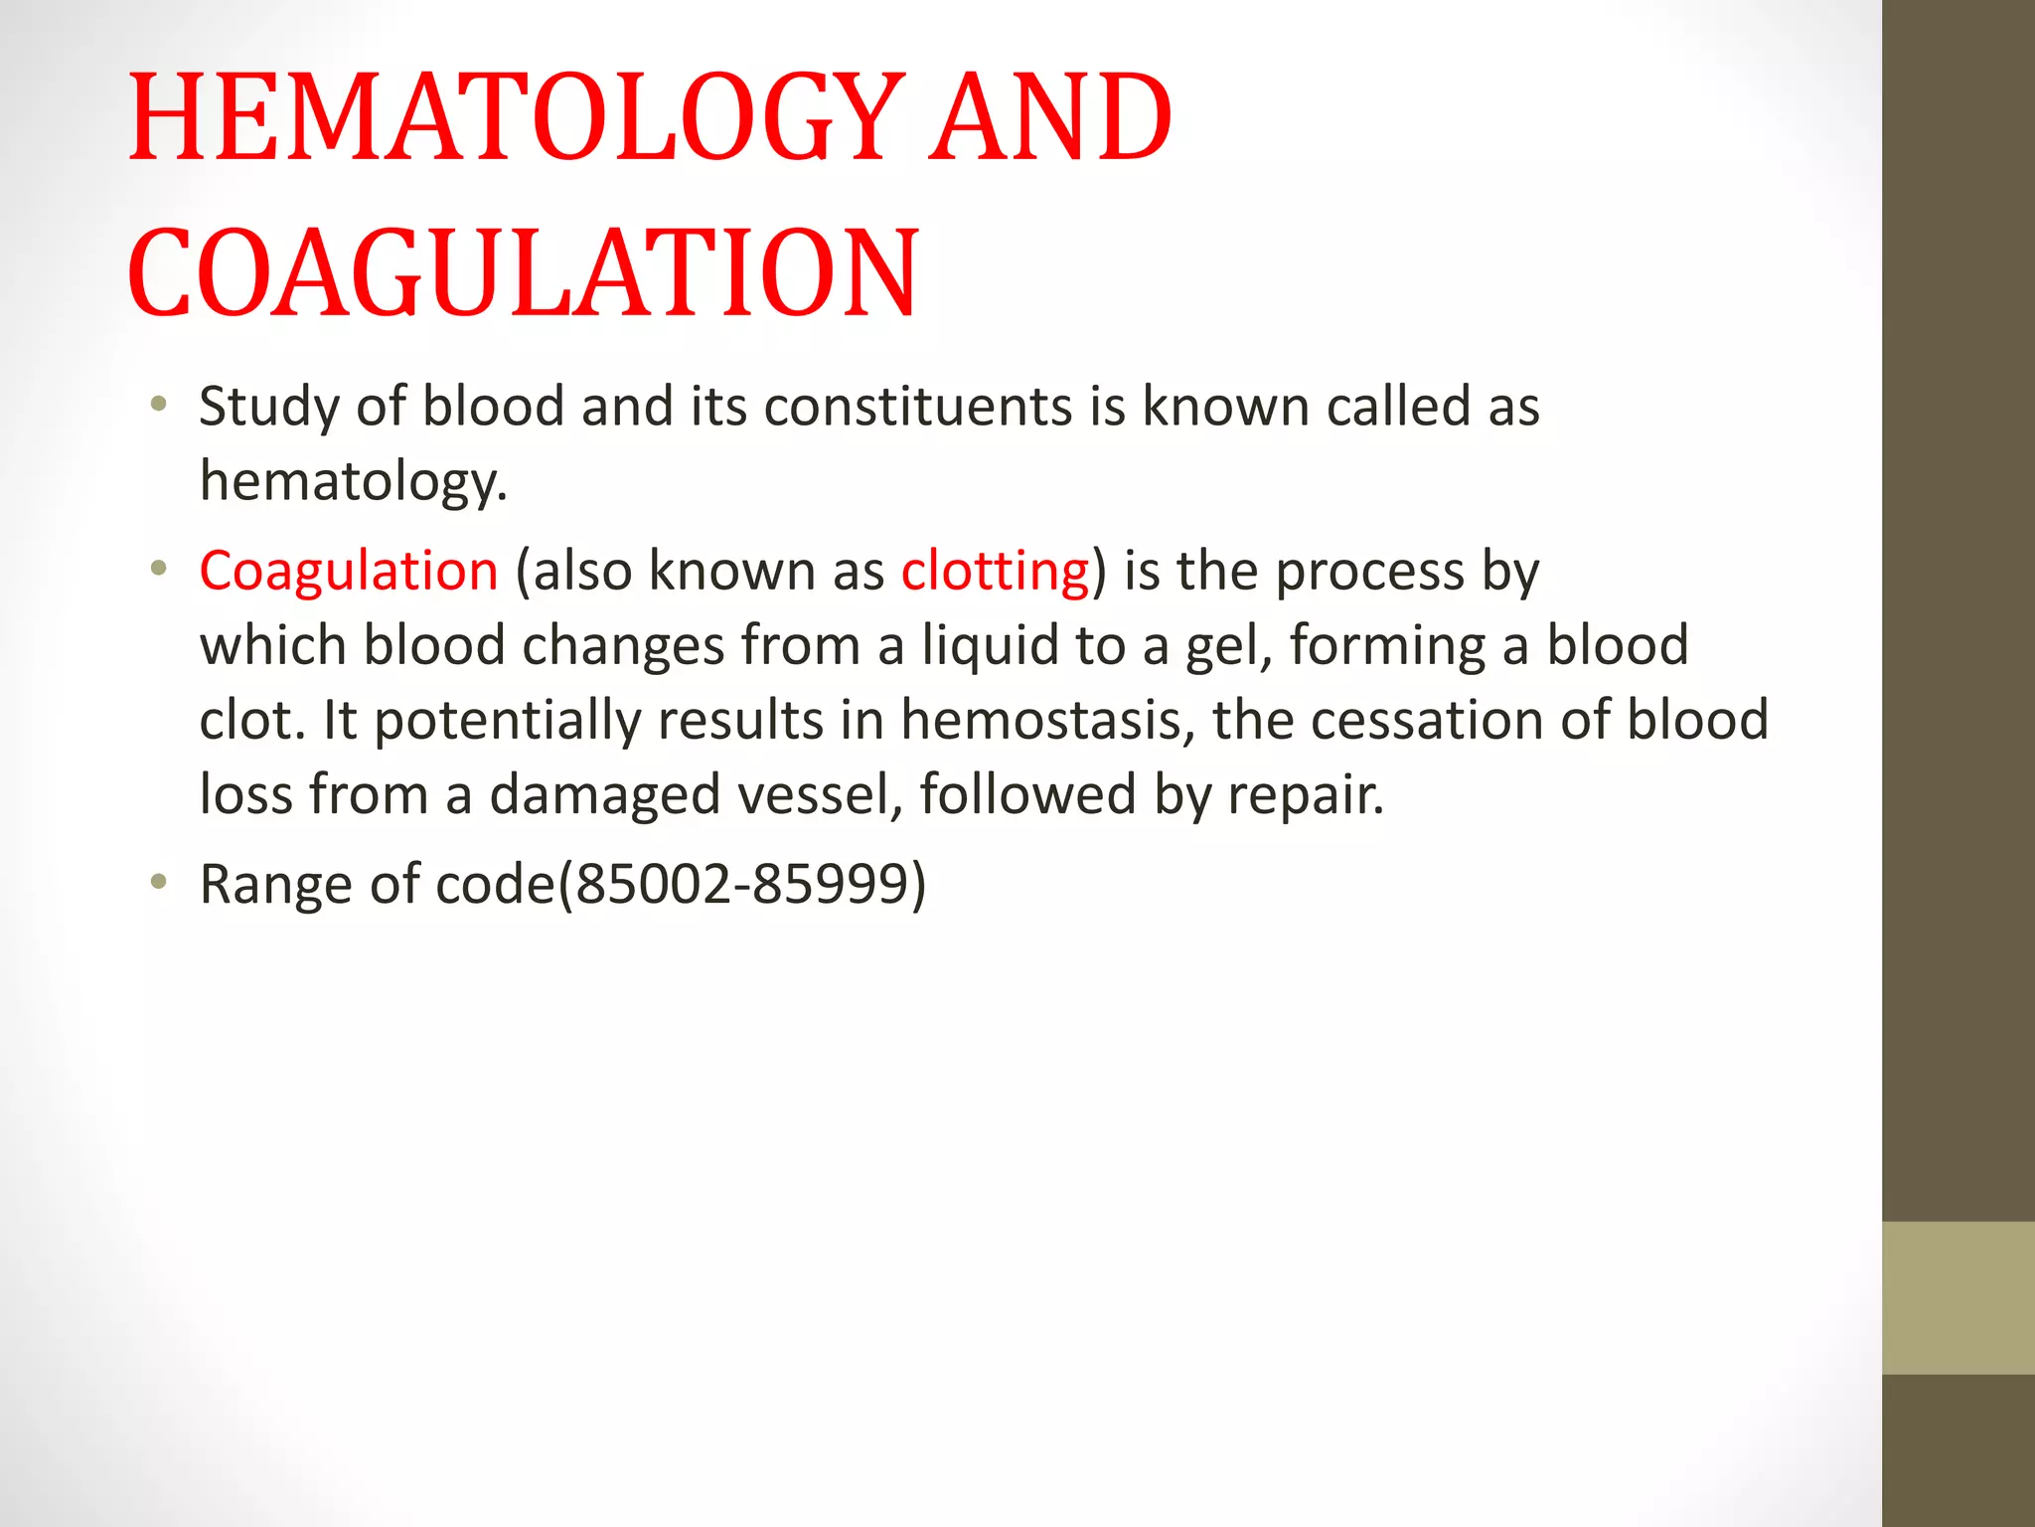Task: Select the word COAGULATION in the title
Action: coord(523,272)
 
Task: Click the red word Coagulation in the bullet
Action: coord(349,572)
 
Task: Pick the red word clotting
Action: coord(995,572)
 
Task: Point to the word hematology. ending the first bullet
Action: coord(353,482)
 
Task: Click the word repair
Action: coord(1305,795)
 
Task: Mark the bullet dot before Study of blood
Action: coord(158,405)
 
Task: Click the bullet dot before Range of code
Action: coord(158,882)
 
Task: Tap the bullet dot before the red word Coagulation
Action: coord(158,570)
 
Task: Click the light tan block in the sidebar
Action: coord(1957,1297)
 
